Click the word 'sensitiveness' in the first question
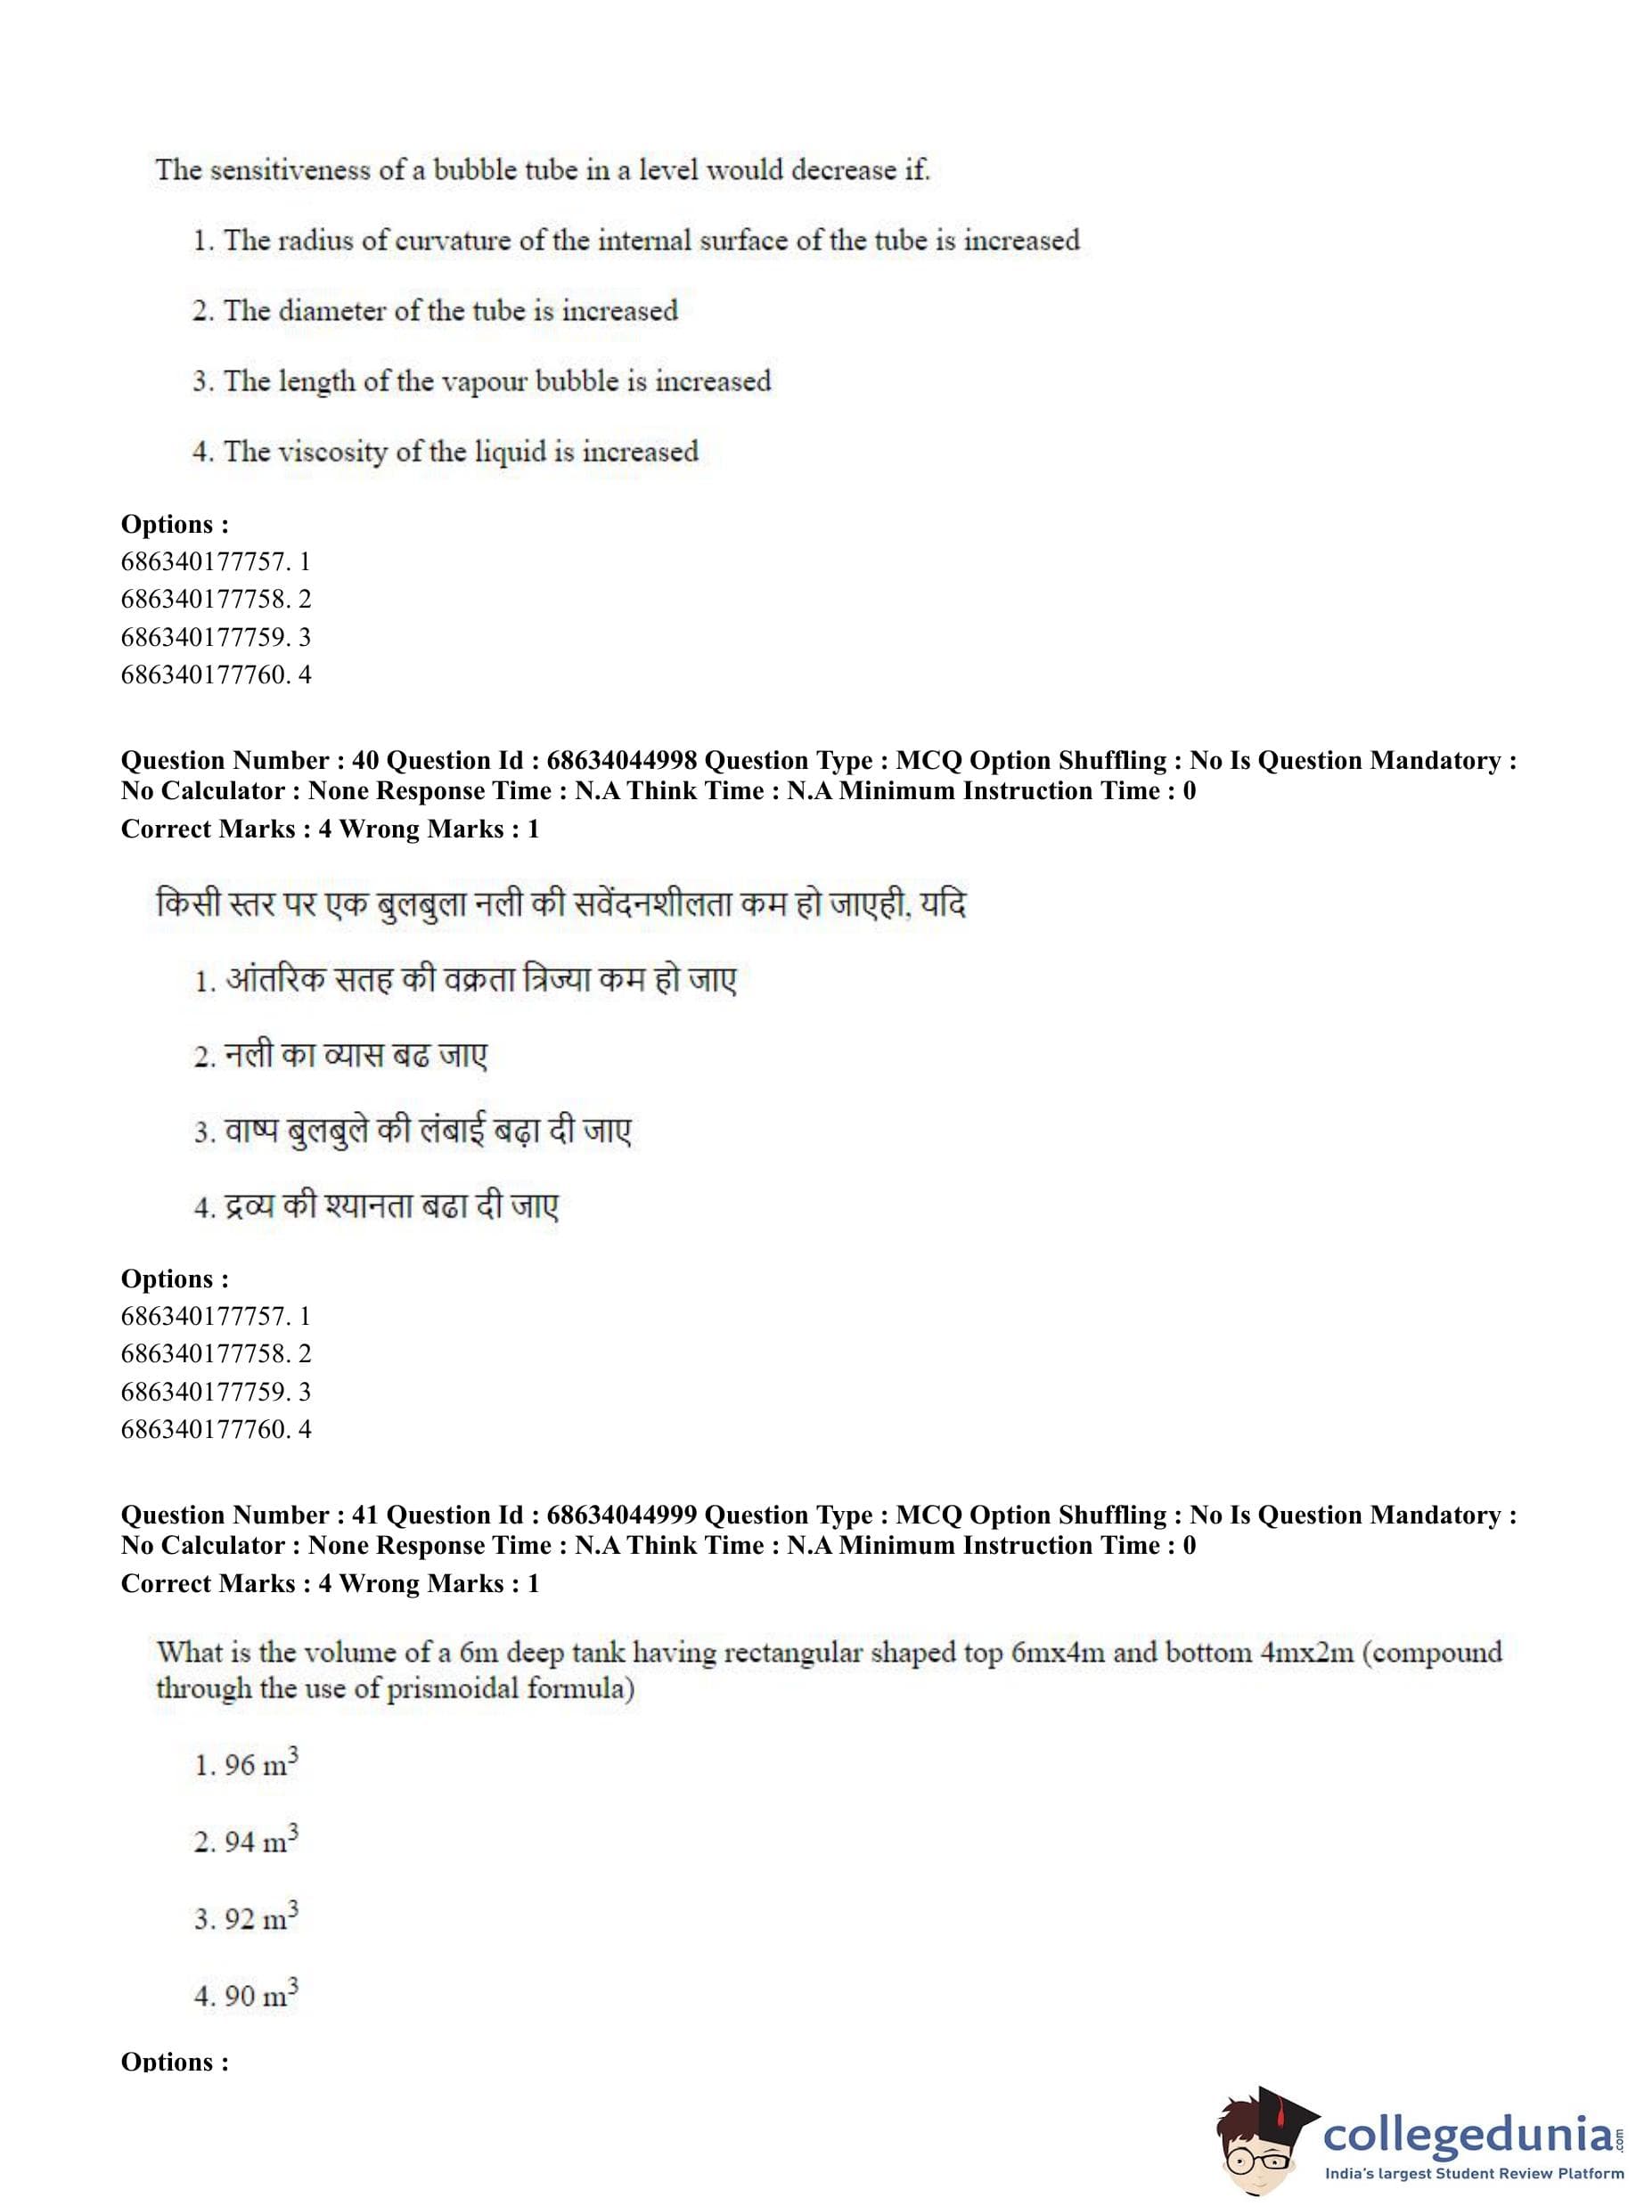click(x=288, y=170)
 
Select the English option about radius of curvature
click(x=636, y=241)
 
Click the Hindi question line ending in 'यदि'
click(x=560, y=904)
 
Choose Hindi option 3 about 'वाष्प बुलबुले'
click(x=413, y=1131)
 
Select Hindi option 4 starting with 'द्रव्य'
click(x=376, y=1207)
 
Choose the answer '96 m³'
click(x=247, y=1764)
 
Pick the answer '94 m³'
click(x=247, y=1842)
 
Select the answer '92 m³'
click(x=247, y=1919)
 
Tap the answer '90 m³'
click(x=247, y=1995)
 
